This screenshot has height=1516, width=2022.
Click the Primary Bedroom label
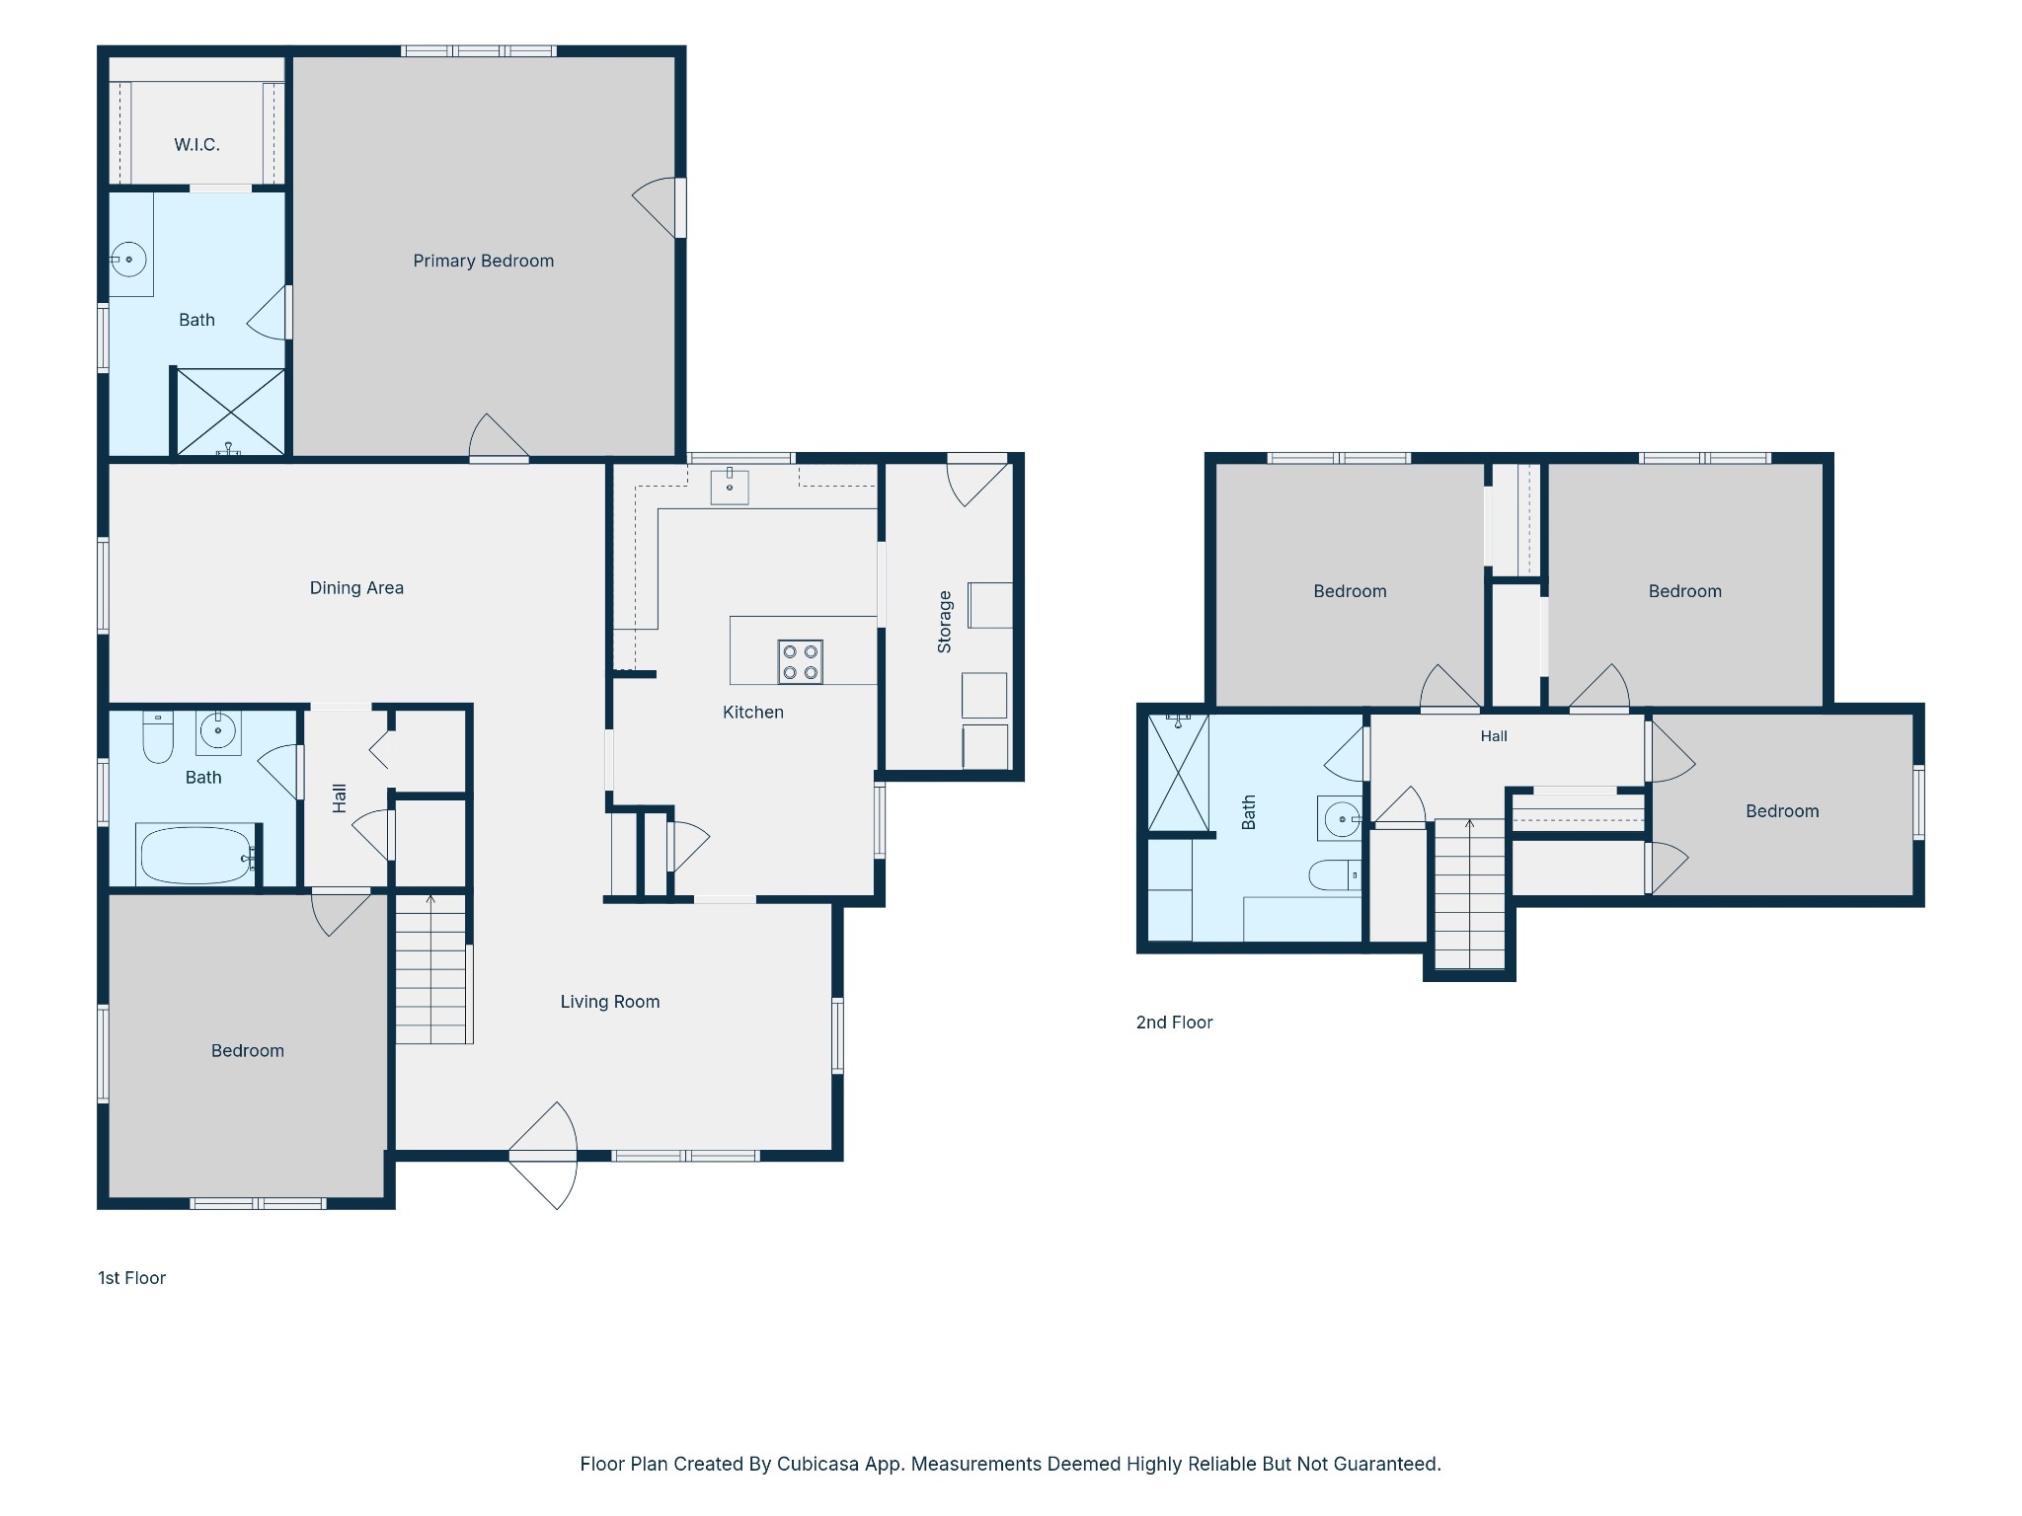[483, 261]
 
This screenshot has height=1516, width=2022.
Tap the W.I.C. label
[196, 145]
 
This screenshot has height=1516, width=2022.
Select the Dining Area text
[356, 588]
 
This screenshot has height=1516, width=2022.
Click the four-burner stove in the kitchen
[800, 662]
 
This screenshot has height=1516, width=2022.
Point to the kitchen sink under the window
[730, 486]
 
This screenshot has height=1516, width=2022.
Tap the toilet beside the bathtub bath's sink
[158, 736]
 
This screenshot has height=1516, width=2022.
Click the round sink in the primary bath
[128, 260]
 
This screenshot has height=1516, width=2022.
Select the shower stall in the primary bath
[230, 412]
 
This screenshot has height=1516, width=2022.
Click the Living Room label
[610, 1002]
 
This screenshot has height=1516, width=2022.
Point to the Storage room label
[944, 622]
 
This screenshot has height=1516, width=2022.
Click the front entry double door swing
[543, 1156]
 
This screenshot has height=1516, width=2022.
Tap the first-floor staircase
[431, 968]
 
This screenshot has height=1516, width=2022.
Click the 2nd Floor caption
[1174, 1023]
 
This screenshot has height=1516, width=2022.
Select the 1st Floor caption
[131, 1278]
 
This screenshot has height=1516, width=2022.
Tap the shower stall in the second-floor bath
[1178, 772]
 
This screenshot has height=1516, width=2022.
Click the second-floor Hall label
[1494, 736]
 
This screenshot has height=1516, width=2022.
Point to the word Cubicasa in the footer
[817, 1464]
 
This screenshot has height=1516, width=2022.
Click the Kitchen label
[753, 713]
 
